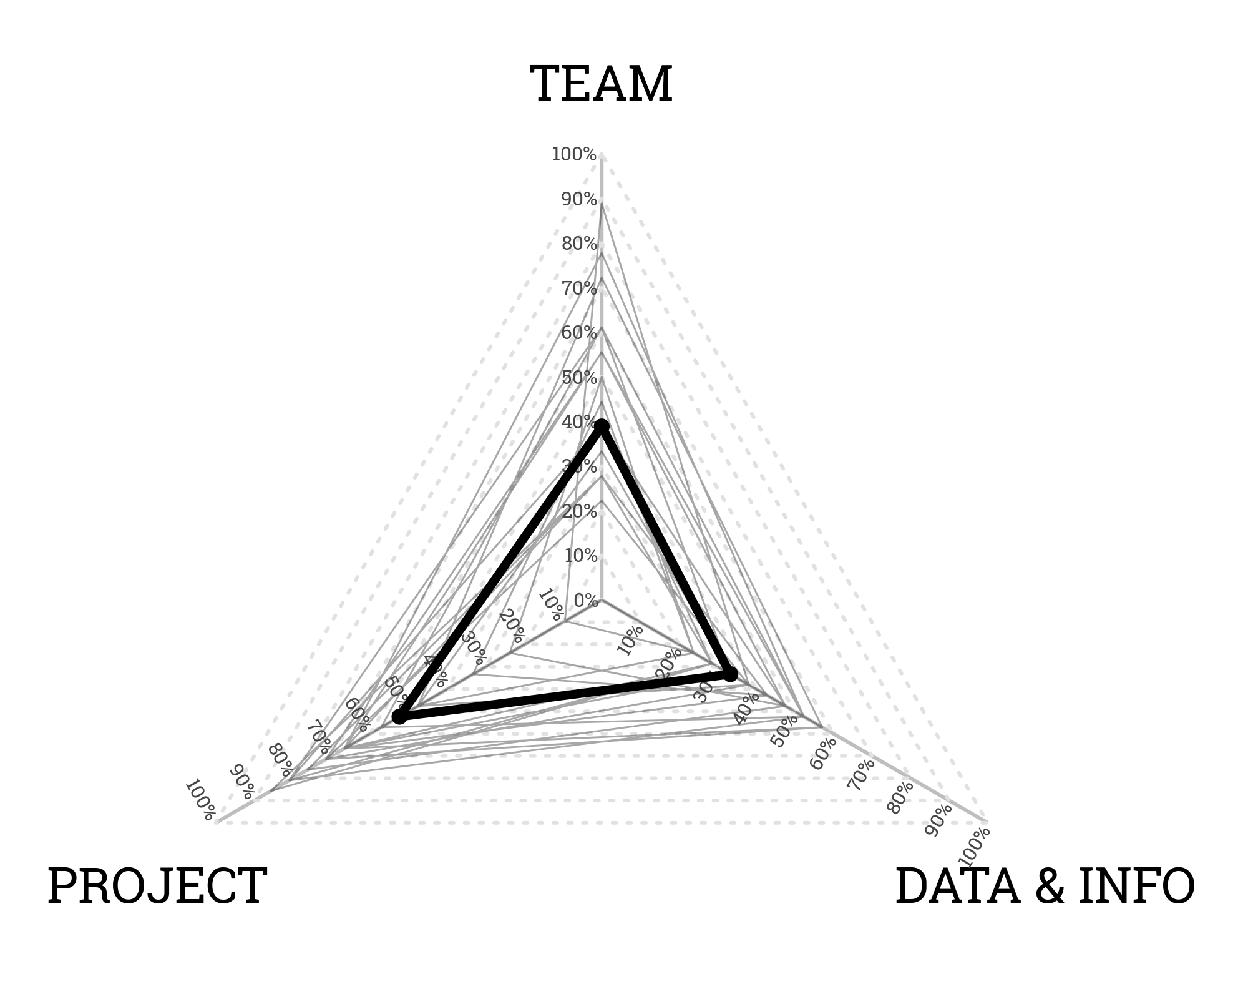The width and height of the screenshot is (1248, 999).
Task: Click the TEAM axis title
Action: pos(601,84)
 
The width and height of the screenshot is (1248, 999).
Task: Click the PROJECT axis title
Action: pos(157,886)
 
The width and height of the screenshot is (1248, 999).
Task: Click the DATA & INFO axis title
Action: pos(1045,886)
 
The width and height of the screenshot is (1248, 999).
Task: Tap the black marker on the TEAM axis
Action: pos(602,427)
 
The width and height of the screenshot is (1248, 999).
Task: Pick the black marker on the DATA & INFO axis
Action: pos(731,674)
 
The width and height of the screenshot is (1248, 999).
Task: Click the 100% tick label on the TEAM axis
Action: pos(574,154)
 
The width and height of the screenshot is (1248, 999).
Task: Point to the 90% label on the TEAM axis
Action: pos(579,200)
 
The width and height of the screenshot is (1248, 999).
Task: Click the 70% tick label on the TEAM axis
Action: pos(579,289)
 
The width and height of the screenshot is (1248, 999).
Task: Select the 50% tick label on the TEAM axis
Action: pos(579,378)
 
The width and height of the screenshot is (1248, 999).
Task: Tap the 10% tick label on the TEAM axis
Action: pos(580,556)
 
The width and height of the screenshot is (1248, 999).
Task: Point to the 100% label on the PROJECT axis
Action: pos(200,800)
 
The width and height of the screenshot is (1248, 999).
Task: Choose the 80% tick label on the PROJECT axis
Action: pos(280,760)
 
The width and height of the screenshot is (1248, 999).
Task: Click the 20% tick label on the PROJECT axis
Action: pos(512,626)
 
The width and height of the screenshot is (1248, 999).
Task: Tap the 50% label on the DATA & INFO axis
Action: pos(784,731)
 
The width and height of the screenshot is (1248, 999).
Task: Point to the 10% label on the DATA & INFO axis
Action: pos(630,641)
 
